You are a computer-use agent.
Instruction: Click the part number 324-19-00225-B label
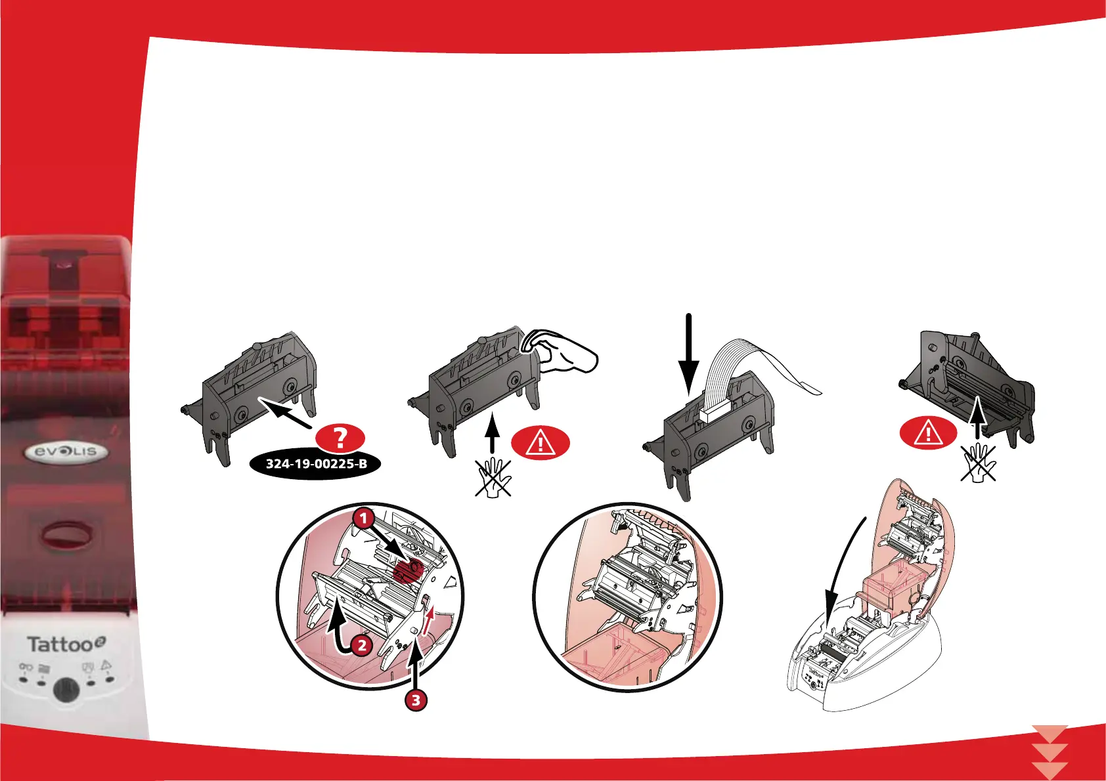pyautogui.click(x=316, y=464)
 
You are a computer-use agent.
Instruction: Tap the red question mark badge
pyautogui.click(x=340, y=438)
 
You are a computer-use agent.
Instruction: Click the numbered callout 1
pyautogui.click(x=364, y=518)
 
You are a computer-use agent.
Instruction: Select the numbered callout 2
pyautogui.click(x=361, y=646)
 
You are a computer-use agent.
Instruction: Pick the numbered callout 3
pyautogui.click(x=415, y=700)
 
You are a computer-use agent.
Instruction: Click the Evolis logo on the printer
pyautogui.click(x=66, y=452)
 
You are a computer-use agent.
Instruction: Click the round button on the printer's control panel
pyautogui.click(x=65, y=689)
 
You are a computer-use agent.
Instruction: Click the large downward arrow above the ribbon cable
pyautogui.click(x=688, y=354)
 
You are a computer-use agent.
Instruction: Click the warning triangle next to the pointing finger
pyautogui.click(x=540, y=443)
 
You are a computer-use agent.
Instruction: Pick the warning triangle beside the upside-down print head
pyautogui.click(x=928, y=433)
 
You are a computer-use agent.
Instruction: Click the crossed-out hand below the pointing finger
pyautogui.click(x=493, y=477)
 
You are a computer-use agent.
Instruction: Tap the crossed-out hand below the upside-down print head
pyautogui.click(x=979, y=462)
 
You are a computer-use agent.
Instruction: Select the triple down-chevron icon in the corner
pyautogui.click(x=1050, y=752)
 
